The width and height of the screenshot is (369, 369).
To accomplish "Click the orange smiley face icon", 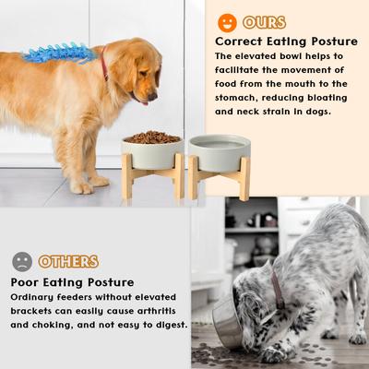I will pos(227,21).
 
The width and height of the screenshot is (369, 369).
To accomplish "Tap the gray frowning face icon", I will pos(22,261).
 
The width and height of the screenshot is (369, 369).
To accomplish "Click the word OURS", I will pos(265,22).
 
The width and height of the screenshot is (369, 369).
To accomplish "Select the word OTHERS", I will pos(70,262).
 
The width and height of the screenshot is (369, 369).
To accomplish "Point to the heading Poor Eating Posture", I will pos(73,281).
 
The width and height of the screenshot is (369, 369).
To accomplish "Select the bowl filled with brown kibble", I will pos(151,144).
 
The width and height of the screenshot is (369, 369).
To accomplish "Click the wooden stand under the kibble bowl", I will pos(151,177).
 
